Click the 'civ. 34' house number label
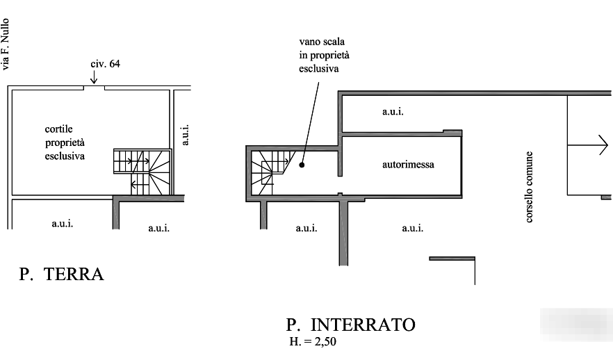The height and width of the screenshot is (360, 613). click(106, 65)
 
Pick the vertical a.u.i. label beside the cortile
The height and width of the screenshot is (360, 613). click(184, 135)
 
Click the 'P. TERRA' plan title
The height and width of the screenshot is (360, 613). click(61, 275)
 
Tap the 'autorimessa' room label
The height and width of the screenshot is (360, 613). click(409, 165)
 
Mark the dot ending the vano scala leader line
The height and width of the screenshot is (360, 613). click(302, 165)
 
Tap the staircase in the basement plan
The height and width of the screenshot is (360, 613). click(267, 174)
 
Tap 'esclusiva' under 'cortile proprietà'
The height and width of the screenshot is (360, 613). click(65, 156)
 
